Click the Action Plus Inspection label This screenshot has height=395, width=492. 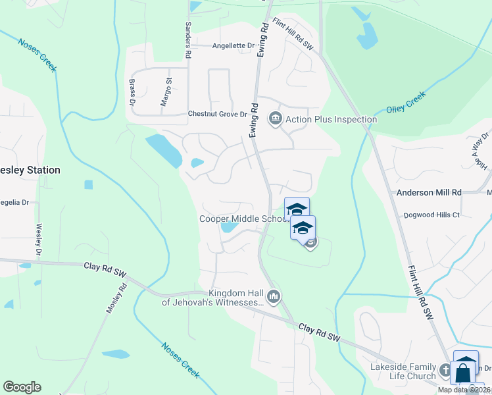[331, 119]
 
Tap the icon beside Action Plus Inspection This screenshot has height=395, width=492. [275, 119]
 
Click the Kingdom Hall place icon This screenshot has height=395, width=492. [274, 298]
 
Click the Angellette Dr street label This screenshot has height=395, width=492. [233, 45]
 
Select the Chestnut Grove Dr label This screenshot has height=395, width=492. [217, 114]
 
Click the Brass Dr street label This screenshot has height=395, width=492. [132, 93]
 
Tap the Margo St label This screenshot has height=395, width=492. [166, 93]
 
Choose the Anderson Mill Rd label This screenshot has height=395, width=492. [429, 192]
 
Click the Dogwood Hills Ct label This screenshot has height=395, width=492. [432, 215]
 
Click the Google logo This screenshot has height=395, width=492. [22, 387]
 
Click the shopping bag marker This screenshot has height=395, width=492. [463, 373]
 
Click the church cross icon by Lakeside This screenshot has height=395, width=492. [445, 371]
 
